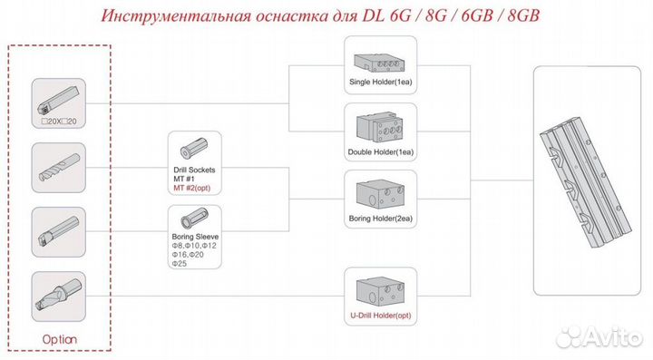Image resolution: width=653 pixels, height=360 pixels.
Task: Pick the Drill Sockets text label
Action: point(194,170)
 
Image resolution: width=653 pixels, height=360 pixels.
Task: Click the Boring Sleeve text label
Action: point(195,236)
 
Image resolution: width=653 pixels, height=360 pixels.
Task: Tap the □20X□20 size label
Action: point(59,122)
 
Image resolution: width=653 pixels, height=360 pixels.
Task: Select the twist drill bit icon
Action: point(58,164)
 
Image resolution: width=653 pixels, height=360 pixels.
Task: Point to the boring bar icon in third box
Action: point(58,230)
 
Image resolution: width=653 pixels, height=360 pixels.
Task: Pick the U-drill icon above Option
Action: point(58,295)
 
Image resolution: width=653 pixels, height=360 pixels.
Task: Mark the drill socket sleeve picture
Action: point(194,148)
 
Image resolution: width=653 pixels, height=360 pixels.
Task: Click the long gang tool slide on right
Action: point(587,178)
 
